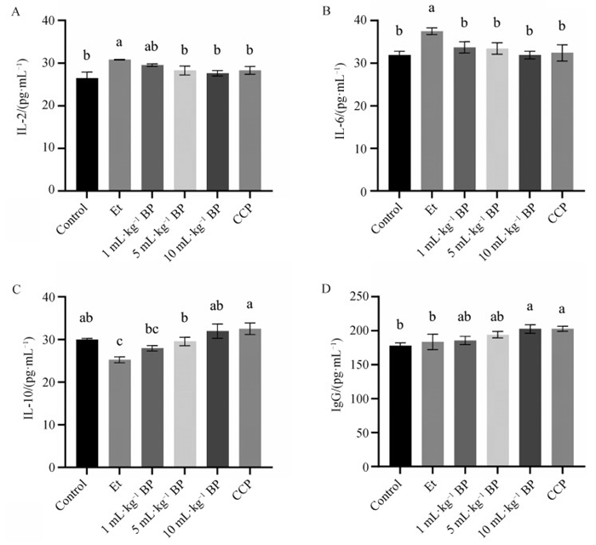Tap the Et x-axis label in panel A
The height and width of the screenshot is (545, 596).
pyautogui.click(x=115, y=207)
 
